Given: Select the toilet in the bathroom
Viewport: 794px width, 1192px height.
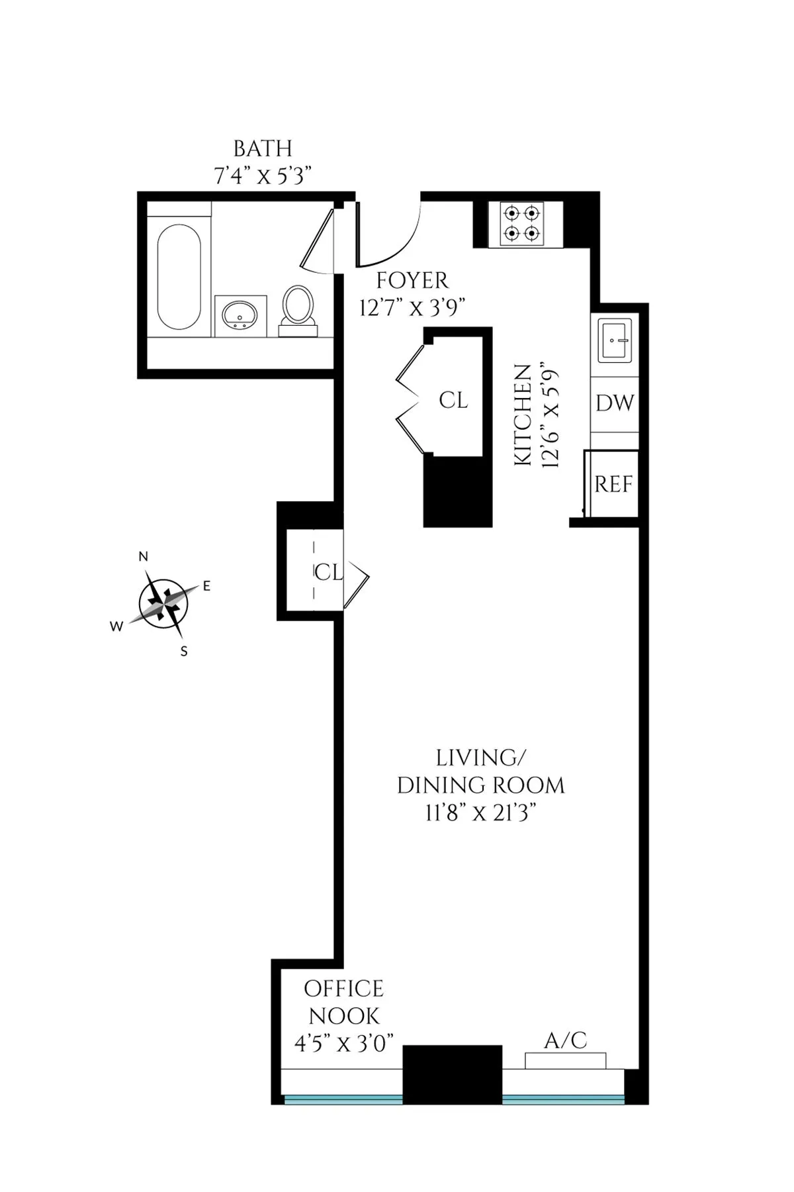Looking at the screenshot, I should tap(298, 308).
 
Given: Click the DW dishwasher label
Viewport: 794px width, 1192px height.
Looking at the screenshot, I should tap(615, 403).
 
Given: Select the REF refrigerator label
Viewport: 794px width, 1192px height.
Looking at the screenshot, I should tap(613, 484).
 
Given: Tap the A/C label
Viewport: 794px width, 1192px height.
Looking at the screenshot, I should tap(565, 1040).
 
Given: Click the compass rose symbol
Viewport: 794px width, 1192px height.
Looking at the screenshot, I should tap(163, 603).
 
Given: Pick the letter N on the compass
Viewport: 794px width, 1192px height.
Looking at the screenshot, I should tap(143, 557).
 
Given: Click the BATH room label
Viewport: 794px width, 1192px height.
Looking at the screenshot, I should tap(263, 148).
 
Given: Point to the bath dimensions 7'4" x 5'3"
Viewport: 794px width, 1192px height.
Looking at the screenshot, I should tap(263, 176).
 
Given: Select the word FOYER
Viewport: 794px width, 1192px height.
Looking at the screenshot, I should tap(412, 281).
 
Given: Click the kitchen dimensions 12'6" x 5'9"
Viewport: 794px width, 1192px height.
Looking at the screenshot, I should tap(551, 415).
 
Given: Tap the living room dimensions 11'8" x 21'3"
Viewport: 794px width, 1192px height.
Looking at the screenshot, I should tap(480, 813).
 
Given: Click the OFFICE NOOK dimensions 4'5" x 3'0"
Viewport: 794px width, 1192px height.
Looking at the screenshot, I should tap(344, 1044).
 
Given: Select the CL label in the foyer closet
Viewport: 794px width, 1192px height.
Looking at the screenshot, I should tap(453, 400).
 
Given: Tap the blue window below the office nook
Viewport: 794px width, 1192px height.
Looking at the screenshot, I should tap(343, 1099).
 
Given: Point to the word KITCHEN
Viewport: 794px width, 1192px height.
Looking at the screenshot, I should tap(523, 415).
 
